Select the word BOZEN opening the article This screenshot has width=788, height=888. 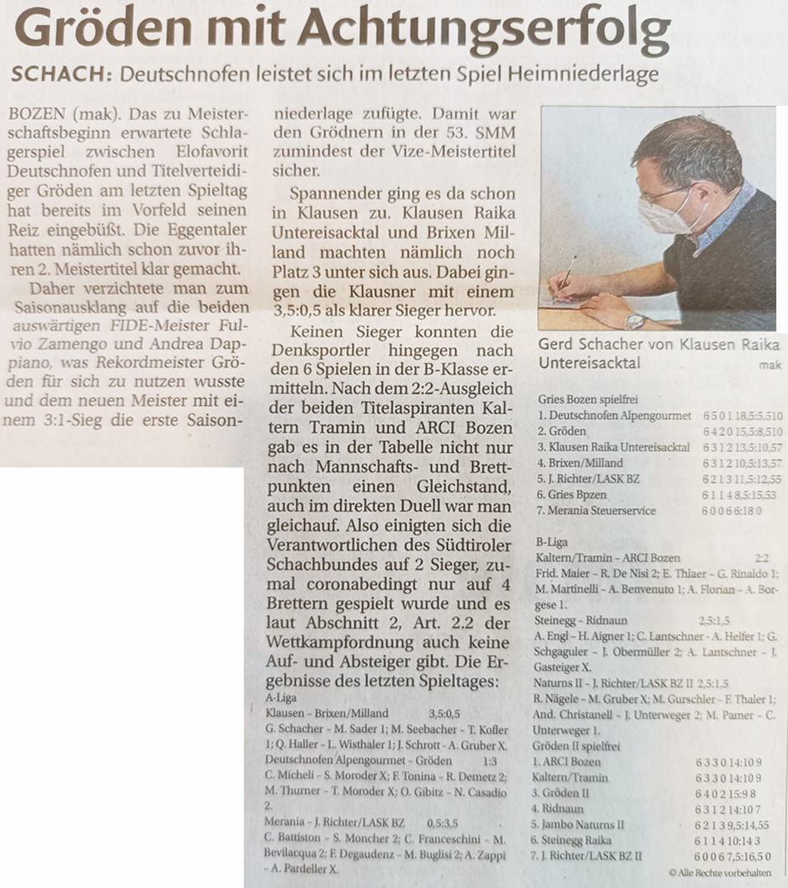pyautogui.click(x=33, y=111)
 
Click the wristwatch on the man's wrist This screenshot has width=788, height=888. pyautogui.click(x=636, y=320)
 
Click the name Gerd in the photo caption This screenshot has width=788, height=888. pyautogui.click(x=558, y=345)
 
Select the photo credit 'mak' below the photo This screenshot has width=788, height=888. pyautogui.click(x=770, y=365)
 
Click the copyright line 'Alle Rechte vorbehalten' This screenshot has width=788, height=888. pyautogui.click(x=723, y=872)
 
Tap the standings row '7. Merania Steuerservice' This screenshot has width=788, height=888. pyautogui.click(x=597, y=511)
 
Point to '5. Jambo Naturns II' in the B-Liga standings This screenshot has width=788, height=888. pyautogui.click(x=582, y=825)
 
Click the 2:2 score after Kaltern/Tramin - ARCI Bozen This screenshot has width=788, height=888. pyautogui.click(x=760, y=557)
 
